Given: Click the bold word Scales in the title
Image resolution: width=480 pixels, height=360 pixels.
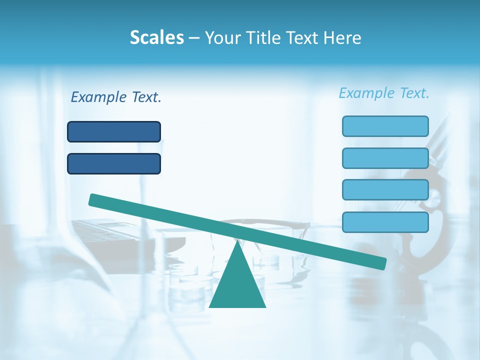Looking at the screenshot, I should point(156,37).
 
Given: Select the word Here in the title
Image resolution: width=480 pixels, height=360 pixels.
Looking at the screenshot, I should point(342,37).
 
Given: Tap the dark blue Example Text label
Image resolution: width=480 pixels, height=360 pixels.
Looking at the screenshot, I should point(116,97).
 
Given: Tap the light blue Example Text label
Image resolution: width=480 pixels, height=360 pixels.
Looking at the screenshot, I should point(384,93).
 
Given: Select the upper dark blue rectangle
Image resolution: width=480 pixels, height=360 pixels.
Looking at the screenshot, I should point(114,131).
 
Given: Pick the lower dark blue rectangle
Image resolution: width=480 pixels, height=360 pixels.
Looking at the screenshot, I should point(114,163).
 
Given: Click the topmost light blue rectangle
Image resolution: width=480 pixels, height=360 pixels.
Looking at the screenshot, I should point(385,126).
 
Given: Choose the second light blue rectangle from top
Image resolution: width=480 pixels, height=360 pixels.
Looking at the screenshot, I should point(385,158).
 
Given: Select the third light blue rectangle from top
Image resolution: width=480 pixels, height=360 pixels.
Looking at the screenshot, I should point(385,189).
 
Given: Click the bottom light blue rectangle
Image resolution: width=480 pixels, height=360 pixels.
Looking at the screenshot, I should point(385,222).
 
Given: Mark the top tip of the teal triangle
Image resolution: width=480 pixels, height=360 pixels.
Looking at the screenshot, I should point(237,241).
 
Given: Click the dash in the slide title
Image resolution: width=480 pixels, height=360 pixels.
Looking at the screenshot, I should point(194,38).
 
